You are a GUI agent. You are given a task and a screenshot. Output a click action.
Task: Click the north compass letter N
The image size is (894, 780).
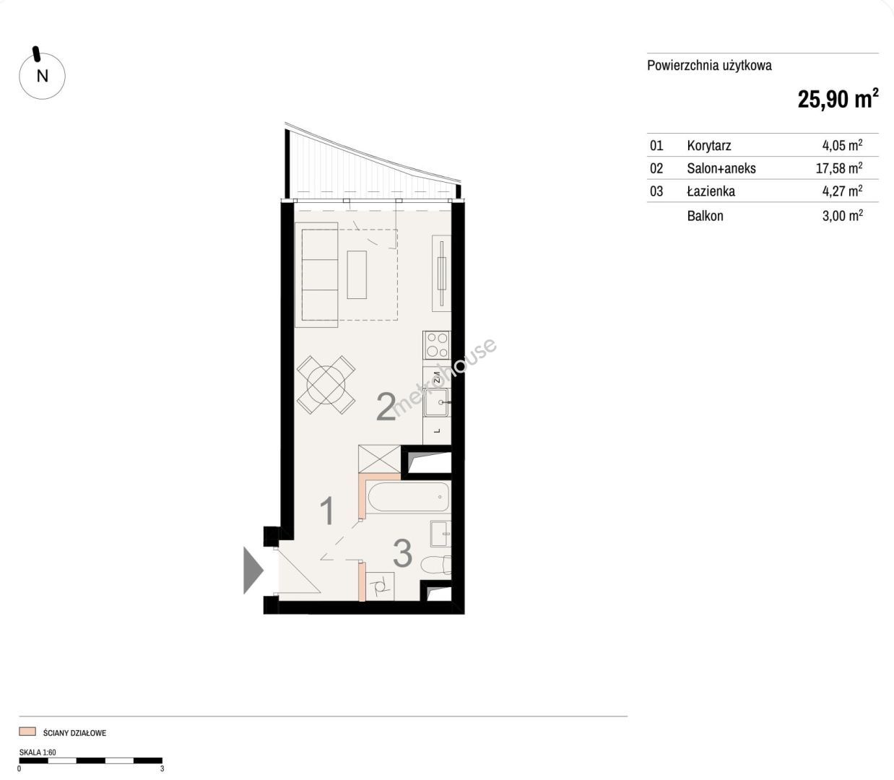(x=43, y=76)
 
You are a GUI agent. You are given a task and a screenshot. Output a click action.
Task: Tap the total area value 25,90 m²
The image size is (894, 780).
(x=838, y=98)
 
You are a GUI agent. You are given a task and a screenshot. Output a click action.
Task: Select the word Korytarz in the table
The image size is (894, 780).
(x=708, y=145)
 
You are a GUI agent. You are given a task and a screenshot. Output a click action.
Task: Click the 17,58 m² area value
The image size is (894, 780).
(x=839, y=168)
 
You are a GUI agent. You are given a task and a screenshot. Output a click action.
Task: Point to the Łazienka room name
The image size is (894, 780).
(x=711, y=191)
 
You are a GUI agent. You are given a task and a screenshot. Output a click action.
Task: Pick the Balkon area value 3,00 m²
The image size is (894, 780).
(x=842, y=215)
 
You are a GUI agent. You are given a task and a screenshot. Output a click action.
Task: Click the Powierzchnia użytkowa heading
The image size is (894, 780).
(x=709, y=66)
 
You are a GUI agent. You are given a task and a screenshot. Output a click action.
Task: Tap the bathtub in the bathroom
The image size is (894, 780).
(x=408, y=497)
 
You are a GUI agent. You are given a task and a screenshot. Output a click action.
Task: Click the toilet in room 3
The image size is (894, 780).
(x=435, y=565)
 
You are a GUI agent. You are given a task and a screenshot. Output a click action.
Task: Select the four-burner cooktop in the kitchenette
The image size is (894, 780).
(x=437, y=344)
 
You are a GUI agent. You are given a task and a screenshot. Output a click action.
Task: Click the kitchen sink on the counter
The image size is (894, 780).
(x=437, y=402)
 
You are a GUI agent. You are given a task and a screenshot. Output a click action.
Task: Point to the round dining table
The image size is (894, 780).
(x=326, y=384)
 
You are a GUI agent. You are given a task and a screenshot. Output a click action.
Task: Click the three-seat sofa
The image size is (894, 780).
(x=316, y=275)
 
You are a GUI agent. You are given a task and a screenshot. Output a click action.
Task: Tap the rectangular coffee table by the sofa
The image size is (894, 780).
(x=357, y=275)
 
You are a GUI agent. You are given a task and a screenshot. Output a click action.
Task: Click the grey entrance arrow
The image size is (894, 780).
(x=253, y=571)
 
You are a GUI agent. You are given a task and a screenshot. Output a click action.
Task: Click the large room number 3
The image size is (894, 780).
(x=402, y=552)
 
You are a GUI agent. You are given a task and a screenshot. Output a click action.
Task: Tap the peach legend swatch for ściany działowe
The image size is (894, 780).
(x=27, y=731)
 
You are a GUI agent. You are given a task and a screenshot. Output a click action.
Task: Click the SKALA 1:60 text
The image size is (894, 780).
(x=38, y=752)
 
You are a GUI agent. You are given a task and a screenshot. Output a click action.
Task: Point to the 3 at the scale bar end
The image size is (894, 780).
(x=162, y=768)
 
